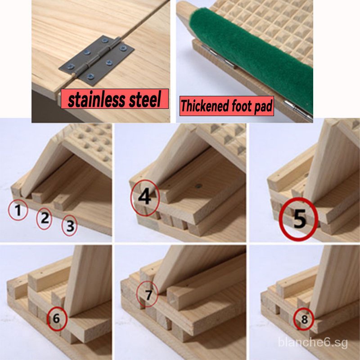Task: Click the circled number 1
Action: pyautogui.click(x=18, y=210)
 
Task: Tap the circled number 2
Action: pyautogui.click(x=44, y=218)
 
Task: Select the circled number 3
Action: pyautogui.click(x=70, y=225)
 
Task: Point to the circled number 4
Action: pyautogui.click(x=145, y=198)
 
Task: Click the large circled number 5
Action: pyautogui.click(x=299, y=219)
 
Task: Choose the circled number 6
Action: pyautogui.click(x=57, y=319)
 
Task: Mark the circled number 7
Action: pyautogui.click(x=147, y=294)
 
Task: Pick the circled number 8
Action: pyautogui.click(x=304, y=319)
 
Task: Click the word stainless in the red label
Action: pyautogui.click(x=97, y=99)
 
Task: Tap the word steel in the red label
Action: pyautogui.click(x=144, y=99)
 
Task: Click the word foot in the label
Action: pyautogui.click(x=242, y=106)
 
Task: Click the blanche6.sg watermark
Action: pyautogui.click(x=313, y=342)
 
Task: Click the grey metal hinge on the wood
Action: pyautogui.click(x=96, y=60)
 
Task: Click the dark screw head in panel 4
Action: pyautogui.click(x=198, y=186)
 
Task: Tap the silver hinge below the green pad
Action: pyautogui.click(x=298, y=110)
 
